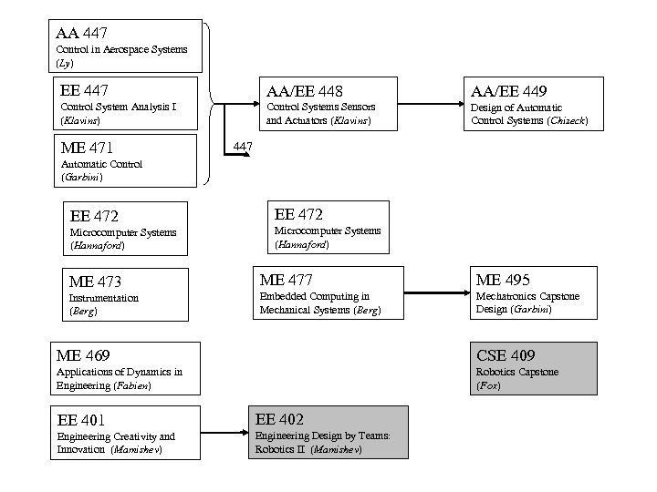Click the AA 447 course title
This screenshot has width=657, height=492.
82,34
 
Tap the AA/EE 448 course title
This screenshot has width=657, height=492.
304,91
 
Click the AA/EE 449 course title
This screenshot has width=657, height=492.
509,91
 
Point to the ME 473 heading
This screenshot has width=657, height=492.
96,282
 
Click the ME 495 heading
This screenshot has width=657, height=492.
503,280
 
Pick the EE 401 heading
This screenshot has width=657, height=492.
81,420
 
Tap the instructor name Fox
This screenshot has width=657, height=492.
486,385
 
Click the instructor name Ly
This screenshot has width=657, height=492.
64,64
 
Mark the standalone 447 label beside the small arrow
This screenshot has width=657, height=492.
243,147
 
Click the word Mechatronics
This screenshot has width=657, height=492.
505,296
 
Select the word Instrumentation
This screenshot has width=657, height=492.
104,298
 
